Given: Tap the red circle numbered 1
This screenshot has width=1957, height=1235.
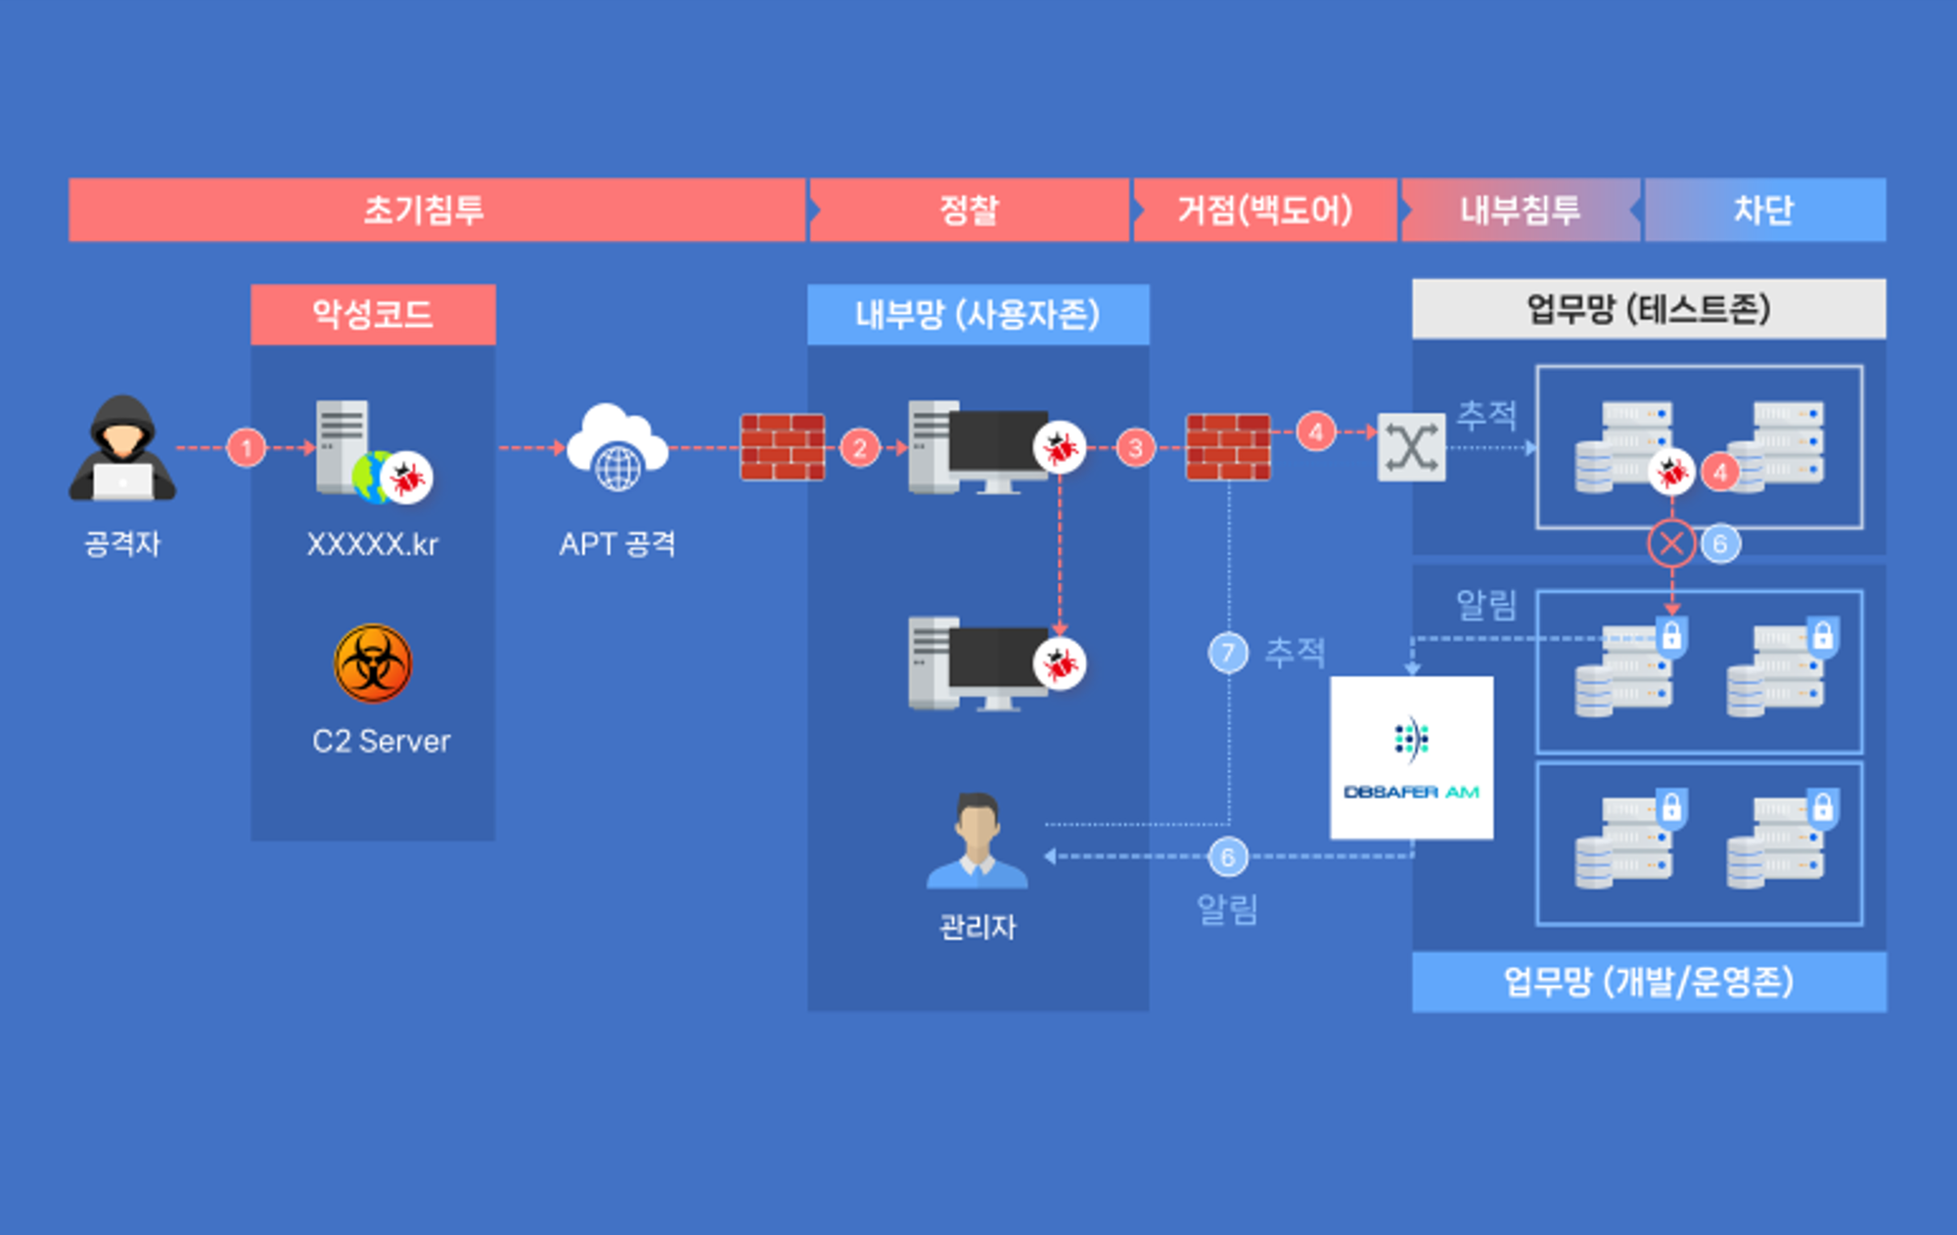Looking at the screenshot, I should [247, 448].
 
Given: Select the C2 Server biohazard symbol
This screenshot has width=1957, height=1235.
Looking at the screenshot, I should [373, 663].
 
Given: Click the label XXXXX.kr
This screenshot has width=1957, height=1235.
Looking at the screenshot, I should [373, 544].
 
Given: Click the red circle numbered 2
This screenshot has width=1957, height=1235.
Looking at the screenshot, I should [860, 448].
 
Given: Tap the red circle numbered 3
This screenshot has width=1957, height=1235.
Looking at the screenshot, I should [1135, 448].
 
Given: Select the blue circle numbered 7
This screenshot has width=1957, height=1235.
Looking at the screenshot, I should [1228, 653].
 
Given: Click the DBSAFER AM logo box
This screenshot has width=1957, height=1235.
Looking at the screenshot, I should [1411, 757].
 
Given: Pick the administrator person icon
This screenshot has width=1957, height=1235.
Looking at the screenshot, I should [977, 842].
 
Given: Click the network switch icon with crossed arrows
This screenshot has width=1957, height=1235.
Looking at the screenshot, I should [1411, 447].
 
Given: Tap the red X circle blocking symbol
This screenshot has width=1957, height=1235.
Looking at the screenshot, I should [1671, 543].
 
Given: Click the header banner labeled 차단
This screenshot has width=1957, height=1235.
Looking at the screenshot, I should [1765, 209].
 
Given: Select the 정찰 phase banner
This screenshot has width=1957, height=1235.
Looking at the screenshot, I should [969, 209].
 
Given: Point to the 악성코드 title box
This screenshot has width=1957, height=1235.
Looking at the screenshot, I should [373, 314].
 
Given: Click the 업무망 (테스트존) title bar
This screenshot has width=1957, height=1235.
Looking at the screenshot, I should [1649, 309].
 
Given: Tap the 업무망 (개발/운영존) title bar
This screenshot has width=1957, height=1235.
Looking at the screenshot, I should [1649, 982].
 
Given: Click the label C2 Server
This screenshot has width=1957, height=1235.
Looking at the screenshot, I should [381, 742].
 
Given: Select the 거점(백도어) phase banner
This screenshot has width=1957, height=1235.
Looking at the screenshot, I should [1264, 209].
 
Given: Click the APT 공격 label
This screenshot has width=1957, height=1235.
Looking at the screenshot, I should [617, 544].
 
